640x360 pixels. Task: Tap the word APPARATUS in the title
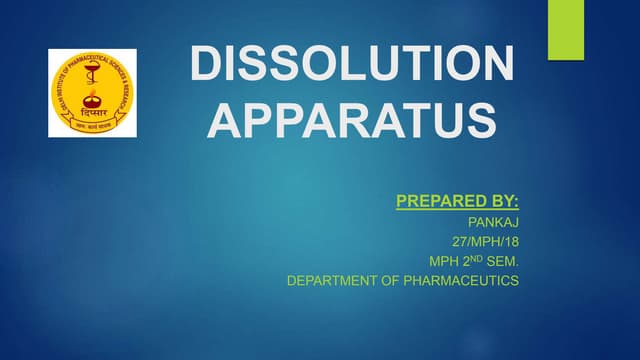(356, 119)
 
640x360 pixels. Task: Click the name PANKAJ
(494, 223)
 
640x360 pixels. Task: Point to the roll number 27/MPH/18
(486, 242)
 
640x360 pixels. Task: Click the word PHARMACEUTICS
(463, 281)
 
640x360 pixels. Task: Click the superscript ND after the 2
(472, 258)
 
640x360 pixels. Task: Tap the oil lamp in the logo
(92, 101)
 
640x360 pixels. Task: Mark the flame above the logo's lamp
(92, 93)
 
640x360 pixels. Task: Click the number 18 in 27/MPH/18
(510, 242)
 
